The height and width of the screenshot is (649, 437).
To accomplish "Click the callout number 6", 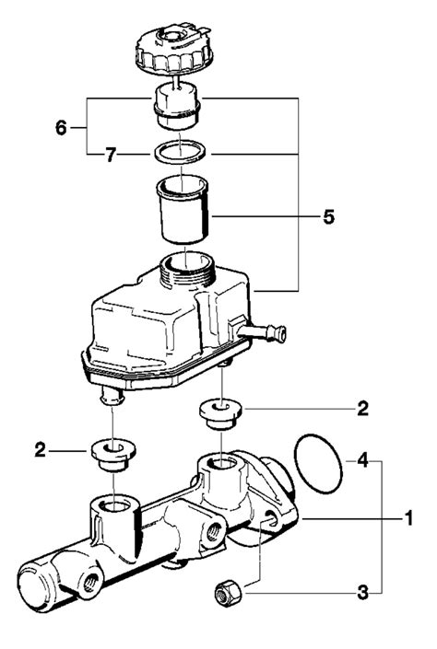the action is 61,127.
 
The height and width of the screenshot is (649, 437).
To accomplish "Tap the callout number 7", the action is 110,156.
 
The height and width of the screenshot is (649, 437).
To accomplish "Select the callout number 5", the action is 329,217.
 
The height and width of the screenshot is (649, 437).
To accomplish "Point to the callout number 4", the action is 363,460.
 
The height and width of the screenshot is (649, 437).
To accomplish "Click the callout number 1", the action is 408,518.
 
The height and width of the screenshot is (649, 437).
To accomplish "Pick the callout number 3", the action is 363,593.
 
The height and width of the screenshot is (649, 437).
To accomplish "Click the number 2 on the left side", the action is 41,450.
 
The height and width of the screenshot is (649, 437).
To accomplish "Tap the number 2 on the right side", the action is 363,409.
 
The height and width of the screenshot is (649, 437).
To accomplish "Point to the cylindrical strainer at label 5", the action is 183,209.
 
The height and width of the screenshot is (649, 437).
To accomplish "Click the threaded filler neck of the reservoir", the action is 186,270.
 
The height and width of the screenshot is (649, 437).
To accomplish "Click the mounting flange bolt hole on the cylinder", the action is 272,517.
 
